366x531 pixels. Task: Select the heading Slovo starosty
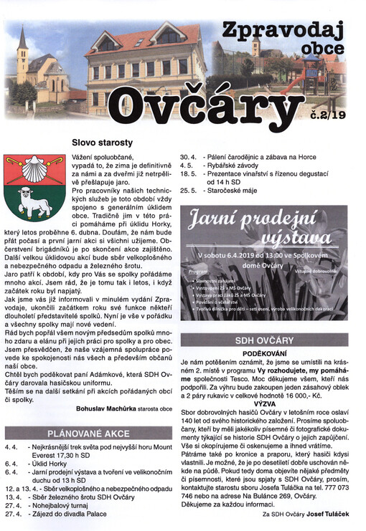pos(102,143)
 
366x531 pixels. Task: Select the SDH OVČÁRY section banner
pos(263,340)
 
